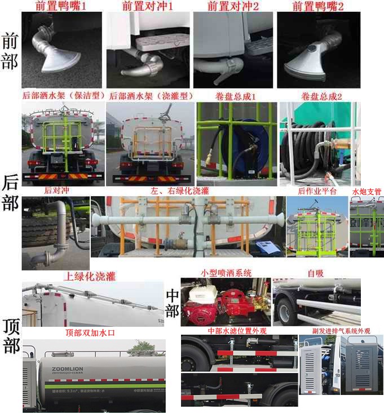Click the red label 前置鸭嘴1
click(x=61, y=7)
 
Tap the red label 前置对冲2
click(x=233, y=7)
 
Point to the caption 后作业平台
click(x=317, y=192)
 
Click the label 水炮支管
click(x=367, y=192)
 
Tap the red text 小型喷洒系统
click(x=226, y=273)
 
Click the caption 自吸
click(x=315, y=273)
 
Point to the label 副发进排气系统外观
click(x=341, y=331)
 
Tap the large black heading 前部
click(x=10, y=51)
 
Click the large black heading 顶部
click(x=10, y=335)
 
